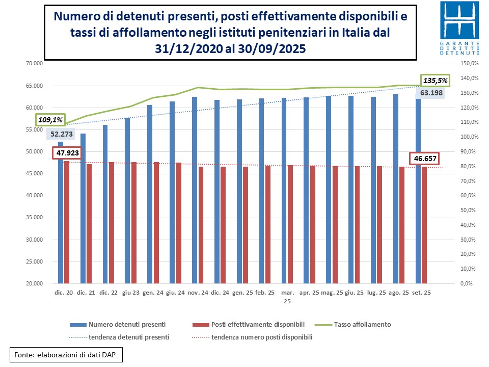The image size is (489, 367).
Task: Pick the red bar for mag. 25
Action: [x=335, y=224]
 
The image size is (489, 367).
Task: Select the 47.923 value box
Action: [x=67, y=152]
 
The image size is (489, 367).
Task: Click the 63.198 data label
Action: [x=432, y=93]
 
